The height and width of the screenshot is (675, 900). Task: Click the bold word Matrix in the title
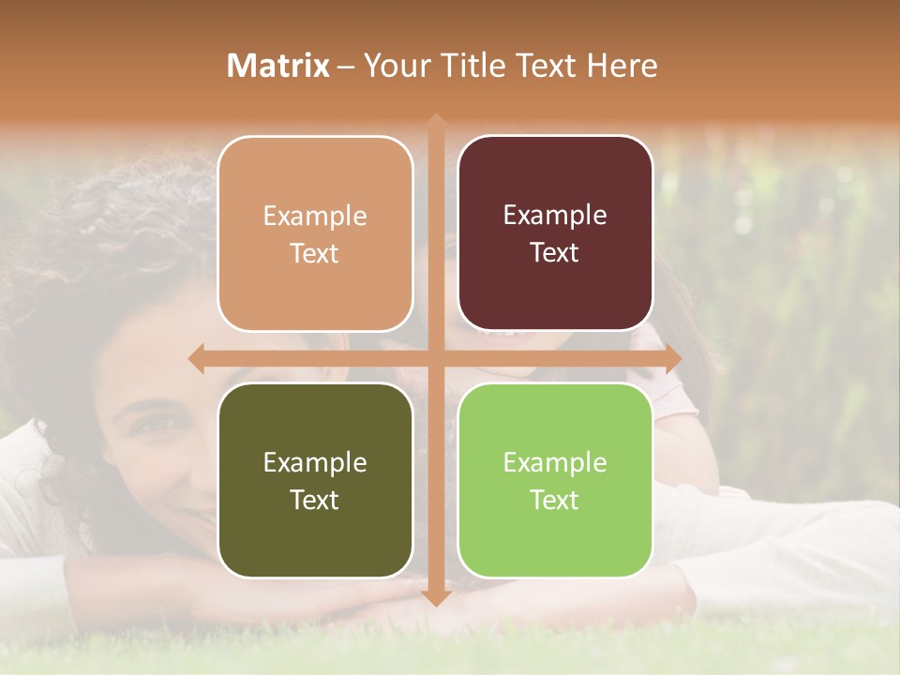tap(278, 66)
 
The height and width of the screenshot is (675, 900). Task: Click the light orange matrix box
tap(315, 233)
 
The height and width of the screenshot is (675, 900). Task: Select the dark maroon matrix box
tap(555, 232)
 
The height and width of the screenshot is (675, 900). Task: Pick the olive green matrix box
tap(315, 480)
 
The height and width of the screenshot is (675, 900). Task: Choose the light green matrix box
tap(555, 480)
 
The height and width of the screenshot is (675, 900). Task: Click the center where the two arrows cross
tap(435, 359)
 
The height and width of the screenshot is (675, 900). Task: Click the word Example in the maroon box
tap(555, 215)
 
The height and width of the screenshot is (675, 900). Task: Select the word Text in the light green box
tap(555, 500)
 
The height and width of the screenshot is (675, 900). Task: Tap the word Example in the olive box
tap(315, 462)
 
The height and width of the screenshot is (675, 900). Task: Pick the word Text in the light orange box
tap(315, 253)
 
